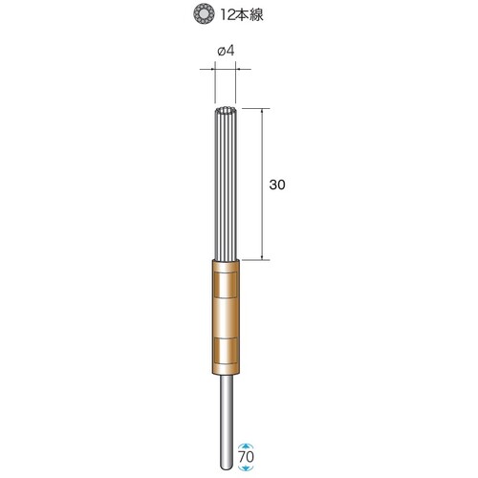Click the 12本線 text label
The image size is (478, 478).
click(x=242, y=15)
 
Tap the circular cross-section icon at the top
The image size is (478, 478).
click(x=204, y=15)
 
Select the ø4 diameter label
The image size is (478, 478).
click(x=226, y=51)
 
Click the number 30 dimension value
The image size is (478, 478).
click(x=277, y=185)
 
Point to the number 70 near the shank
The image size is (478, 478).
click(x=247, y=457)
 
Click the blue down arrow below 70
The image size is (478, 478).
click(x=247, y=467)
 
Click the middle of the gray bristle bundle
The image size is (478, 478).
click(x=226, y=184)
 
